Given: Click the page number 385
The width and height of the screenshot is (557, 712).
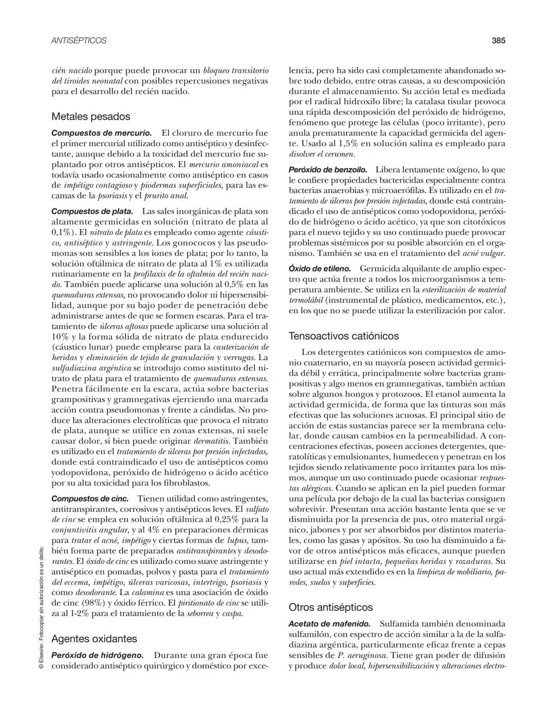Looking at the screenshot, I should pos(498,40).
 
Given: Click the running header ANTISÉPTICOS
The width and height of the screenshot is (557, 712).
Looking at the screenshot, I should pos(79,40).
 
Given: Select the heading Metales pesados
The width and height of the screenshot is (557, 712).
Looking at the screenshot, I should pos(91,117).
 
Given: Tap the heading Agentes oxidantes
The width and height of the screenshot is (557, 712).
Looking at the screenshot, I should pos(94,639).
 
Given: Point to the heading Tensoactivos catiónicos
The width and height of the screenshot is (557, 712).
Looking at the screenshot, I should pos(343,336).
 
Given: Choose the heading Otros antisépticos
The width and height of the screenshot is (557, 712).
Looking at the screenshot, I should pos(331,607).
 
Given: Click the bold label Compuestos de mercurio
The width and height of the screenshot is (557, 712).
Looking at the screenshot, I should pos(102,133).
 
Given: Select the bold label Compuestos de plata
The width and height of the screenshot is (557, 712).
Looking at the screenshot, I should pos(92,211).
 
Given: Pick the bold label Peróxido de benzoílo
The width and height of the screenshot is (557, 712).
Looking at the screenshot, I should pos(328,170).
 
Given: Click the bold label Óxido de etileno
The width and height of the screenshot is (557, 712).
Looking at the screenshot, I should pos(320,269).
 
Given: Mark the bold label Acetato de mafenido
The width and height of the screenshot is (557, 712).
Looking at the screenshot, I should pos(330,624).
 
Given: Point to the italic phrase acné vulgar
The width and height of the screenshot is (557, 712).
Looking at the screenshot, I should pos(484,253).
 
